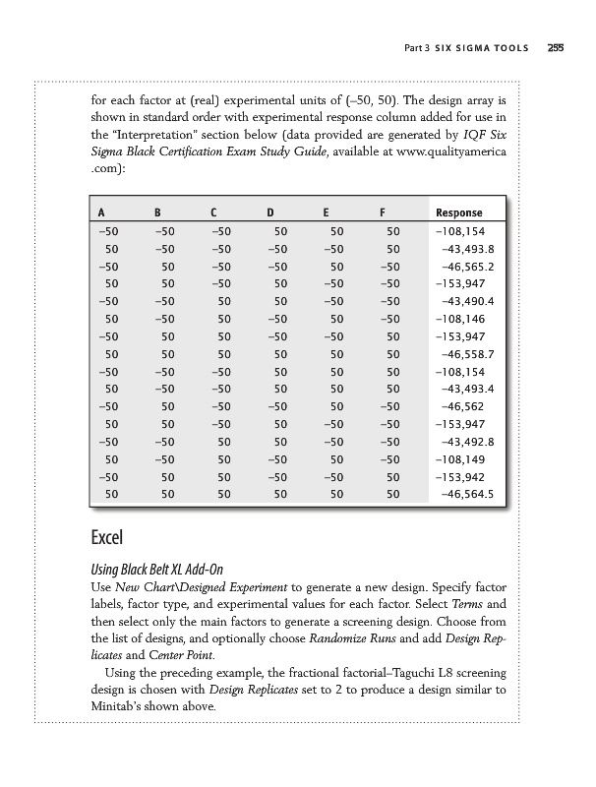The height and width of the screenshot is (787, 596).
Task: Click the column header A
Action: pyautogui.click(x=101, y=212)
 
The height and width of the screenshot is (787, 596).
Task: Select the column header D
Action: pyautogui.click(x=269, y=212)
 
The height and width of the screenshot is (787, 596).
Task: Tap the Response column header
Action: pyautogui.click(x=458, y=212)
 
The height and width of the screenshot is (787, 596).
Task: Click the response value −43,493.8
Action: pyautogui.click(x=470, y=248)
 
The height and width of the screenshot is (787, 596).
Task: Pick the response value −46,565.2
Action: pyautogui.click(x=470, y=266)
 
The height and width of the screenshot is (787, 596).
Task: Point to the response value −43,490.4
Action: pyautogui.click(x=470, y=301)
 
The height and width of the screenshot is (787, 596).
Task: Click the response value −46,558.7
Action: pyautogui.click(x=470, y=354)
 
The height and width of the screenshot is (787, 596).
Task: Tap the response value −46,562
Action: pyautogui.click(x=475, y=407)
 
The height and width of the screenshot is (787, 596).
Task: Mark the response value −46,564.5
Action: pyautogui.click(x=470, y=496)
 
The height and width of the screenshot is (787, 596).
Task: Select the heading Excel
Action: pyautogui.click(x=107, y=539)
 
